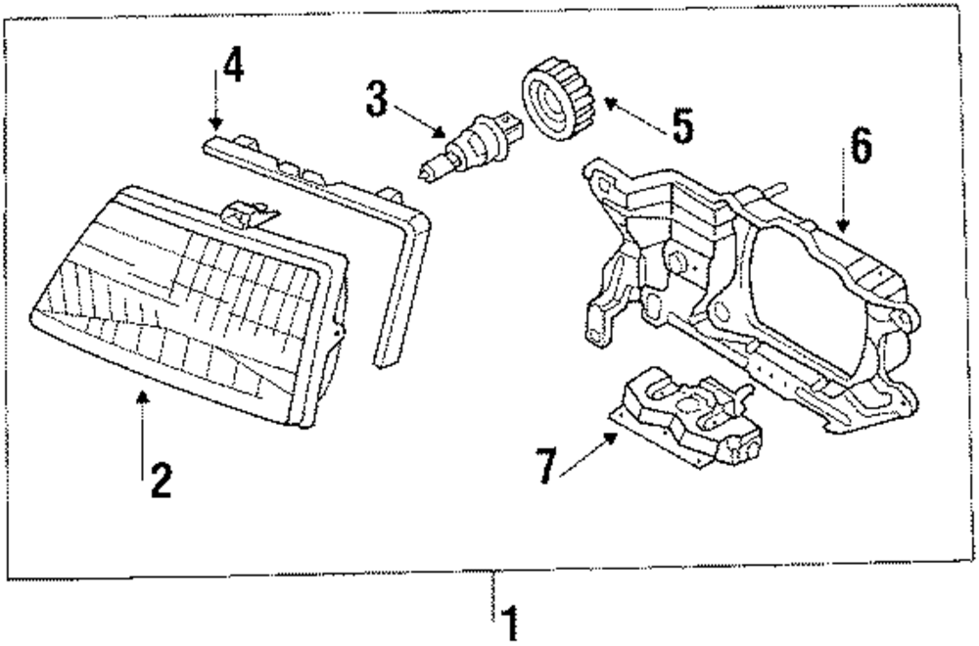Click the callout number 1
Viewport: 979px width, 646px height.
coord(508,622)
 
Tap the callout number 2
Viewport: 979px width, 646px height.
coord(159,480)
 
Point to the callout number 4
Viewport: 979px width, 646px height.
coord(232,66)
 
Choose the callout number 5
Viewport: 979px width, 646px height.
coord(681,124)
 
